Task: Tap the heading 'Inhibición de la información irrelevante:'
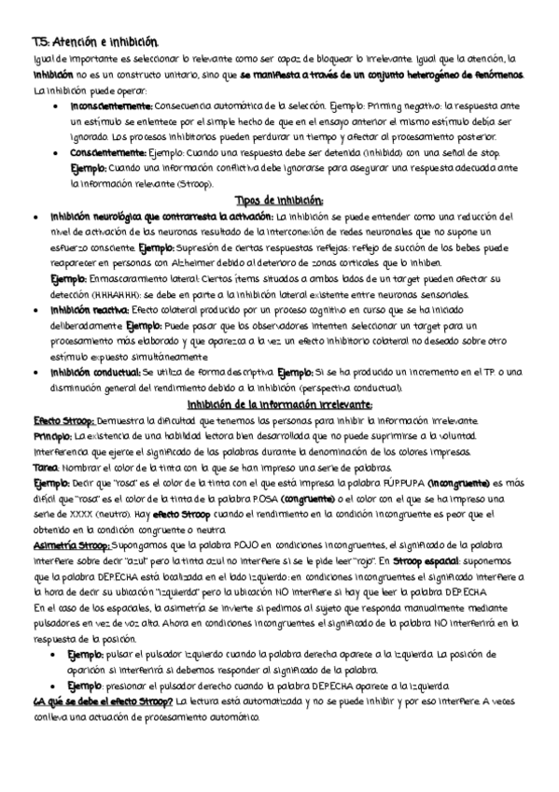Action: point(279,404)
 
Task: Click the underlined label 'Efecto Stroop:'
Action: point(62,420)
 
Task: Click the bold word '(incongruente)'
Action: point(458,483)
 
